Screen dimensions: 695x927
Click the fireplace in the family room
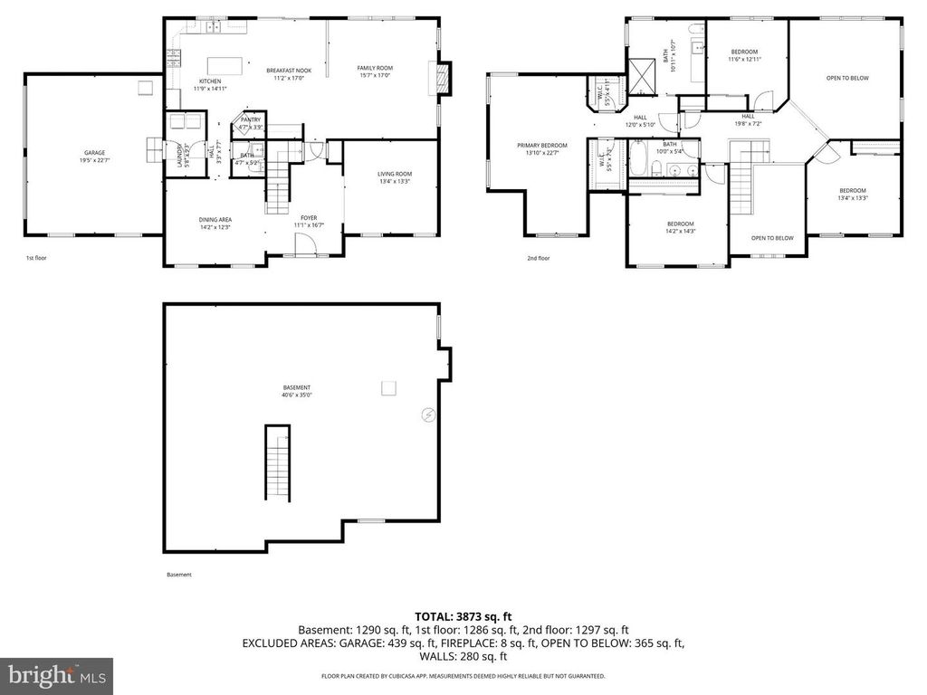[x=441, y=78]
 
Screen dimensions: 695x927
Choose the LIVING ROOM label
[x=394, y=177]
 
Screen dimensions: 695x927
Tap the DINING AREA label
[x=215, y=223]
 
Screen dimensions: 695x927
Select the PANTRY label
[x=251, y=122]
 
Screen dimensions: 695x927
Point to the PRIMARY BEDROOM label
[x=542, y=148]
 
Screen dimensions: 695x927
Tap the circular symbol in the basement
[x=428, y=415]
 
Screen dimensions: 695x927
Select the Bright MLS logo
[x=56, y=675]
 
